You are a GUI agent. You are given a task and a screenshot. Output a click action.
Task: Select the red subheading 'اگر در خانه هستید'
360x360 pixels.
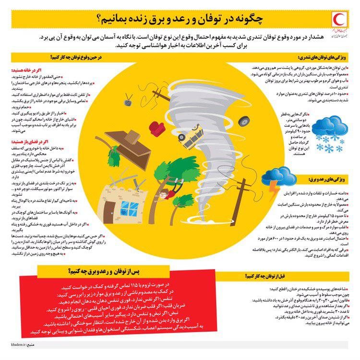click(x=77, y=70)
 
